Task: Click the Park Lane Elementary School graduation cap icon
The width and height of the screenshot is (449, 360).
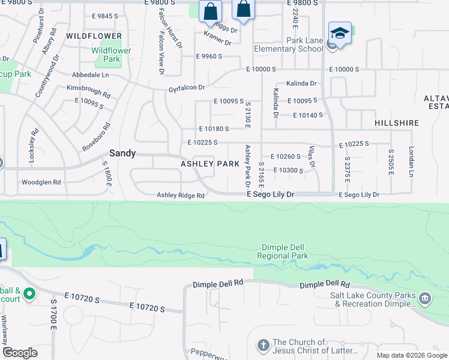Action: point(340,33)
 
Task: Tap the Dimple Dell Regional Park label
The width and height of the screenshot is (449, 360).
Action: point(285,251)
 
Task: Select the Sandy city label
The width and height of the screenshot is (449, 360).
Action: point(122,153)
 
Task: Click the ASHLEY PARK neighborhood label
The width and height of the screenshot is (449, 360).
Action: point(211,164)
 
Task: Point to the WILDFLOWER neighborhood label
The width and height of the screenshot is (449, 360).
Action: point(94,36)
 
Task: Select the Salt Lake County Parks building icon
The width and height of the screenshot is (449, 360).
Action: point(425,298)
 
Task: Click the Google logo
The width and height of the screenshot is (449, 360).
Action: point(20,353)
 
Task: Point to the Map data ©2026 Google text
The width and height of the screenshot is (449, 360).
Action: point(411,355)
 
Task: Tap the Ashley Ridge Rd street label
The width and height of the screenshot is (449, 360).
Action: point(181,195)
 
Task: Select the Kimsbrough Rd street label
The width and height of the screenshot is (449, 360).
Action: point(89,91)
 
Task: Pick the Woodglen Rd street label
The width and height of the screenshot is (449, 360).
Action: point(41,182)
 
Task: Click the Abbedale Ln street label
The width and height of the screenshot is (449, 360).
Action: point(90,75)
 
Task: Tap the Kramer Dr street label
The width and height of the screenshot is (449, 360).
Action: point(217,39)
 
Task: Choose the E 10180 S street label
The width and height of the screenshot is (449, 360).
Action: point(214,128)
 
